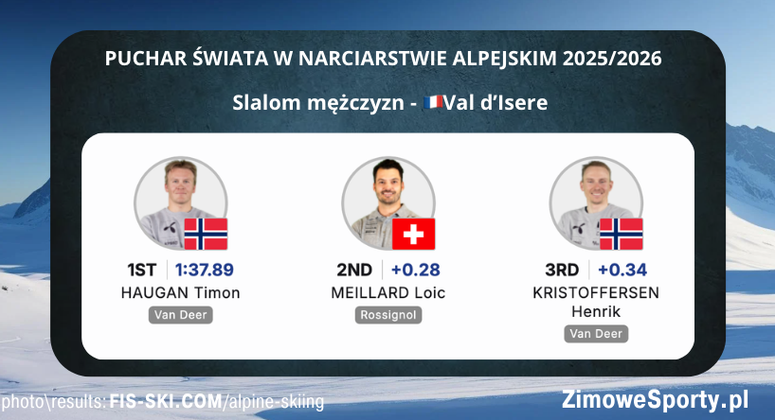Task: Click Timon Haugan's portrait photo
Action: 175,198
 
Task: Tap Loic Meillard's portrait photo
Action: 384,198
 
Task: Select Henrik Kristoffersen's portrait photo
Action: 592,198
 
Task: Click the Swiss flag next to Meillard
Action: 413,234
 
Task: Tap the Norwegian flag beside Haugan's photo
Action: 206,234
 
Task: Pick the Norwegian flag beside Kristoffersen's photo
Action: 622,234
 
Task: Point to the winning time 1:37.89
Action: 204,270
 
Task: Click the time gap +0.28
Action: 415,270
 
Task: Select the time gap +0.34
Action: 622,270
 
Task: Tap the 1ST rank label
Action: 143,270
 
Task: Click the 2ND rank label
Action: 354,270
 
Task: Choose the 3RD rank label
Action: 561,270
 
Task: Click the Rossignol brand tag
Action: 388,315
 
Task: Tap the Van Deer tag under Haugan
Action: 180,315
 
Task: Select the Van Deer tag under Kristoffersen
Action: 597,333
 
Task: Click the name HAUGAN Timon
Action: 180,292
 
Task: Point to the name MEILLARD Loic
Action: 388,292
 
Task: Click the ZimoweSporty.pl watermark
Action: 655,398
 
